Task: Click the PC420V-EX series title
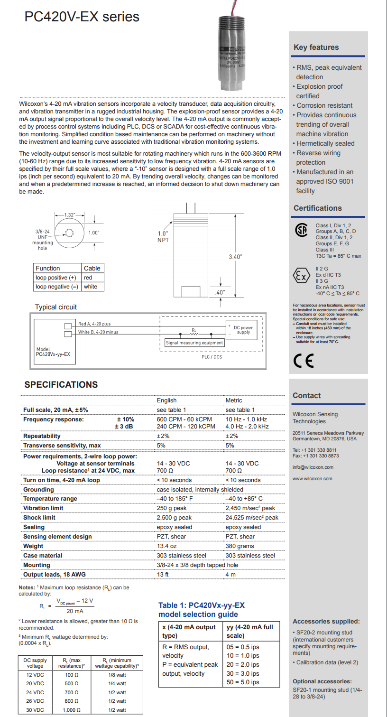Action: (x=82, y=17)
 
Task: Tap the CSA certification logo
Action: (x=301, y=230)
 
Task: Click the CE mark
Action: (x=304, y=361)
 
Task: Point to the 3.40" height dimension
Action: (x=235, y=257)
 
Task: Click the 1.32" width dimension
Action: (x=70, y=215)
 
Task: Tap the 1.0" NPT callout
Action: (x=163, y=237)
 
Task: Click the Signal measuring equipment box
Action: (x=194, y=343)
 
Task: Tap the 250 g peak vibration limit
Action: (x=172, y=508)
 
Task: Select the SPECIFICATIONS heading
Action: (x=61, y=385)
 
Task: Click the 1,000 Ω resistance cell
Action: (x=71, y=710)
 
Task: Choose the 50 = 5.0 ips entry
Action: (x=243, y=682)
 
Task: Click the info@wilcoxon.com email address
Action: (x=313, y=467)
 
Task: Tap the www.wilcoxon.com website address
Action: (x=312, y=478)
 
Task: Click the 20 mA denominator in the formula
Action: (x=74, y=611)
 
